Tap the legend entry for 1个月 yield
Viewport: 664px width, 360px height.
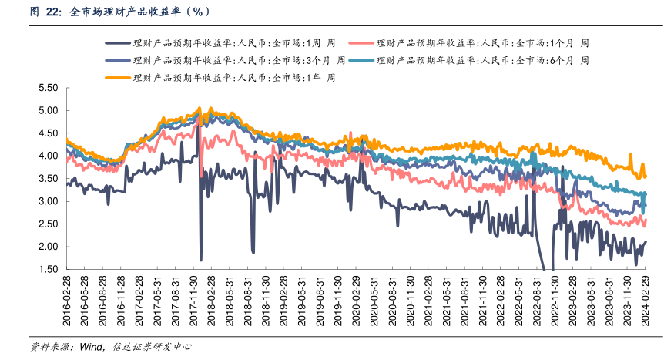478,43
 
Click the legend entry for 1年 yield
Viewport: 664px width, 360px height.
224,77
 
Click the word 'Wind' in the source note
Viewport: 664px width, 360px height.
91,346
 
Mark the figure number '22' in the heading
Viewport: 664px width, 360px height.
53,12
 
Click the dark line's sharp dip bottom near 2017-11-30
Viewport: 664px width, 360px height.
201,260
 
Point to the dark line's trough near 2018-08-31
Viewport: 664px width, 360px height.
253,252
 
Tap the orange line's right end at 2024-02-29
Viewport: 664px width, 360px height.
646,177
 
